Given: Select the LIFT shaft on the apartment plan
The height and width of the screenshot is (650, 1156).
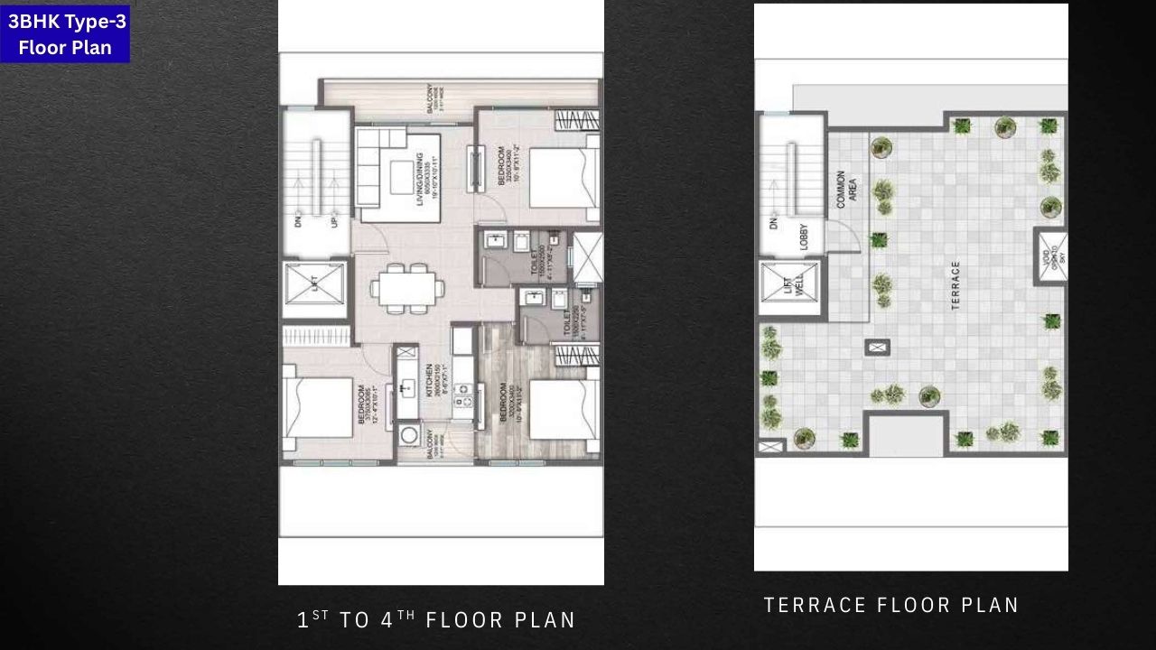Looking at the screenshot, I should click(314, 288).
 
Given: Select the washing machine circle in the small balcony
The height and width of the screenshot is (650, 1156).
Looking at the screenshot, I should click(409, 437).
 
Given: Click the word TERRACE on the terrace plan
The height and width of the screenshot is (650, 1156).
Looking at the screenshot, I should click(956, 286).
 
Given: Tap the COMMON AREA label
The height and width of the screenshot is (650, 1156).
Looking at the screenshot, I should click(847, 189).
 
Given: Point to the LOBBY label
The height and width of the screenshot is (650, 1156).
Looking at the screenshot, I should click(804, 237).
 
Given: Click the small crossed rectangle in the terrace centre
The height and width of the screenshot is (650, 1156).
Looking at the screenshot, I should click(878, 347).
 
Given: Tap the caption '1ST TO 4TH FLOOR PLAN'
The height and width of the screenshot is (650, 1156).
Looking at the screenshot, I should click(436, 619).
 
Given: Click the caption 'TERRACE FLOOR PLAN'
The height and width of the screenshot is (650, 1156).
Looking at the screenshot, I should click(891, 605).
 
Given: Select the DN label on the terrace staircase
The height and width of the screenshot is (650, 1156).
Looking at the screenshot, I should click(774, 223).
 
